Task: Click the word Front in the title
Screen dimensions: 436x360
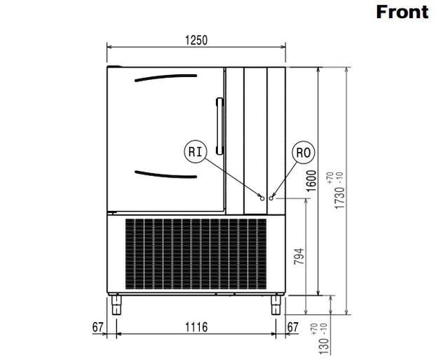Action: point(402,12)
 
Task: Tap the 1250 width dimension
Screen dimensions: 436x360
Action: point(196,40)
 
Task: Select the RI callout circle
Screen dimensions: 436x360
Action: point(195,151)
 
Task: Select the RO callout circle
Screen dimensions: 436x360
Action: point(303,153)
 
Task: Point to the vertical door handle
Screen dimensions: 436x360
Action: point(220,126)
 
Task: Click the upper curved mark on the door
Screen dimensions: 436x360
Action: point(166,78)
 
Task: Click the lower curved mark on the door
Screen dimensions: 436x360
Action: point(166,175)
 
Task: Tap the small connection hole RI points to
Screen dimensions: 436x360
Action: point(262,199)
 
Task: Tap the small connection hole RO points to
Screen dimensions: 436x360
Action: point(271,198)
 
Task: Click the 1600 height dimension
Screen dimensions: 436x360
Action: point(311,181)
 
